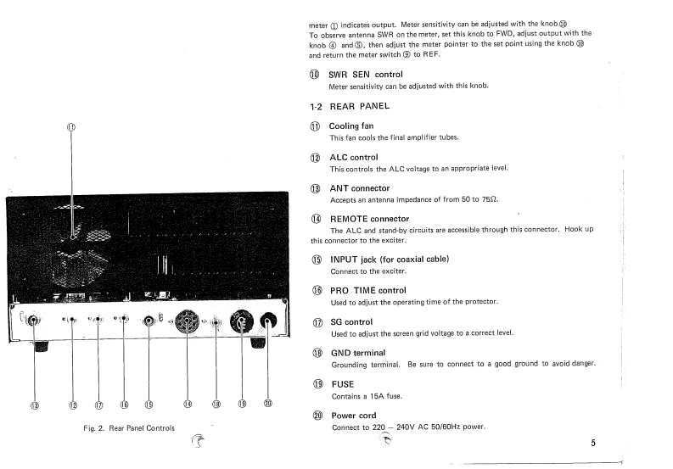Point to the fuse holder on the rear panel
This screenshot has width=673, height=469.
tap(242, 321)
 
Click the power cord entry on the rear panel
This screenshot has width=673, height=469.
tap(267, 321)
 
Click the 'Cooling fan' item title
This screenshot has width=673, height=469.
tap(351, 126)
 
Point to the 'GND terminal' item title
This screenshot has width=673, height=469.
tap(356, 352)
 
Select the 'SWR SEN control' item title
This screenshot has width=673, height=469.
tap(365, 75)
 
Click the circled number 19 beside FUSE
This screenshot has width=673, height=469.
tap(317, 384)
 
